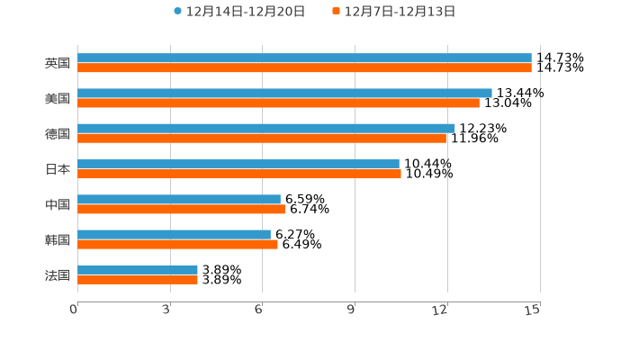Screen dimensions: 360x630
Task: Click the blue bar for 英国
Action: coord(304,58)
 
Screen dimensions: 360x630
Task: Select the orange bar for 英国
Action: coord(304,68)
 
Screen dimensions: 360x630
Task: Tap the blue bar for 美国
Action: coord(284,94)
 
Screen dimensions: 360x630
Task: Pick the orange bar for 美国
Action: coord(278,103)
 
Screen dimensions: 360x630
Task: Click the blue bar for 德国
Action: coord(266,129)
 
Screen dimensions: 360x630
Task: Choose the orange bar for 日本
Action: coord(239,174)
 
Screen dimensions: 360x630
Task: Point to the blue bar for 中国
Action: coord(179,200)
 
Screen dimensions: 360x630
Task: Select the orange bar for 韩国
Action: coord(177,244)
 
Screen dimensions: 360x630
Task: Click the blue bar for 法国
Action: coord(138,270)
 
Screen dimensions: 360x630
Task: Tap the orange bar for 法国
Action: coord(138,280)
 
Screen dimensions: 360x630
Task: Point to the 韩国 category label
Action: coord(58,239)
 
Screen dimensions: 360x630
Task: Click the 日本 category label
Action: coord(58,169)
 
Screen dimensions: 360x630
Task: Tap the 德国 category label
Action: coord(58,133)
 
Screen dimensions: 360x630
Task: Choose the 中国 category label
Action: coord(58,204)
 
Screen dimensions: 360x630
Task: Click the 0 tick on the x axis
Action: coord(75,310)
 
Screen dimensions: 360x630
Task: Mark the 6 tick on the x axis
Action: coord(258,310)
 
